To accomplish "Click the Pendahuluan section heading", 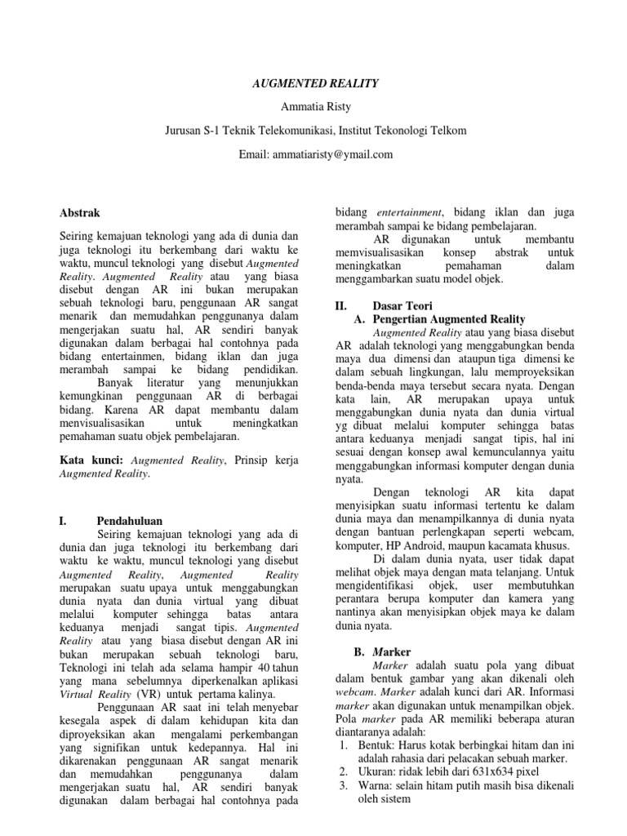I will click(x=129, y=520).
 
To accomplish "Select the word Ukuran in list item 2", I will click(x=371, y=771).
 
